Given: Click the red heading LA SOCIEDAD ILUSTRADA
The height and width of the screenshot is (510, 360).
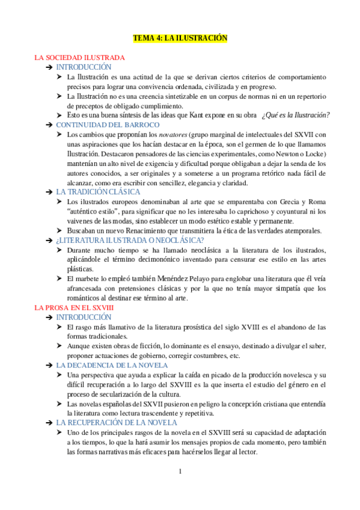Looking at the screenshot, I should click(x=79, y=58).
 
